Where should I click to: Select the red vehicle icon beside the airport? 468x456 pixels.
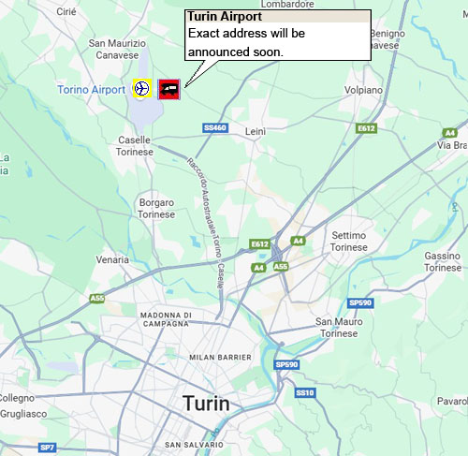170,88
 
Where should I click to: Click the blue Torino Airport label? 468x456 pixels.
91,89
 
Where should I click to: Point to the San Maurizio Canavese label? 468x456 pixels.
117,50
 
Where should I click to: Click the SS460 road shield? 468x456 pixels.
214,127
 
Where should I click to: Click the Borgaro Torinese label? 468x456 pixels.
156,208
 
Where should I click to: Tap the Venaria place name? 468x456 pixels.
113,259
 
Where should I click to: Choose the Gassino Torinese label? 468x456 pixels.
443,261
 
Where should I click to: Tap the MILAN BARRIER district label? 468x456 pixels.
220,358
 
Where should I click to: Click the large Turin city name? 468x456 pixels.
206,404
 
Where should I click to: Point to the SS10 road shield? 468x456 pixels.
305,392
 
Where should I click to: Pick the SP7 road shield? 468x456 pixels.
48,448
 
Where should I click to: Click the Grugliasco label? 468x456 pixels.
23,413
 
